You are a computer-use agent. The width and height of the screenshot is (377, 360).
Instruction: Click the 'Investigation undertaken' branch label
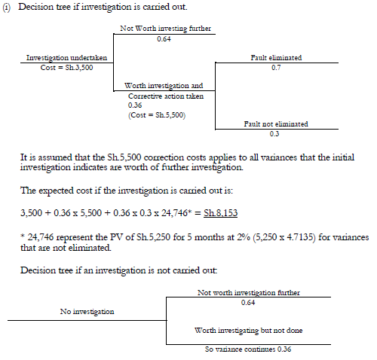click(x=59, y=57)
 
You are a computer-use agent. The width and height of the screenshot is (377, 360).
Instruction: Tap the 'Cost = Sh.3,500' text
click(x=59, y=67)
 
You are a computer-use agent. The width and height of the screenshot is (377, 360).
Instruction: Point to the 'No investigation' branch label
click(x=87, y=310)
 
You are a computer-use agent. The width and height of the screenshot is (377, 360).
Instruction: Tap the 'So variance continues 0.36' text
click(x=248, y=349)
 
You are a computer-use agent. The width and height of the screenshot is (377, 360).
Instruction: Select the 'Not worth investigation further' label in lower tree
click(x=247, y=292)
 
